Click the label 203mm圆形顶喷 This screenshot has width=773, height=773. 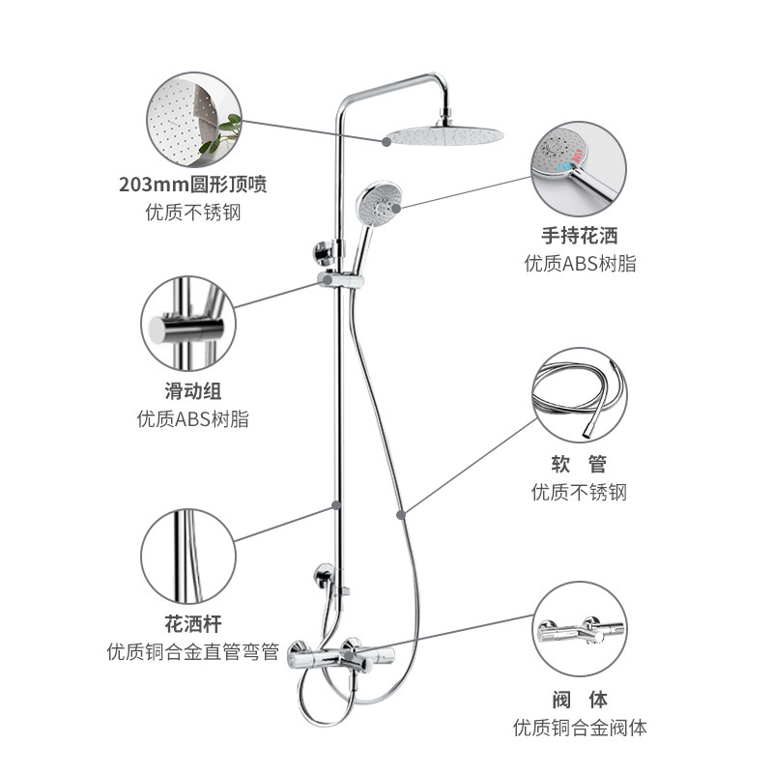[192, 184]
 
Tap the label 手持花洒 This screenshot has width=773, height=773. [579, 234]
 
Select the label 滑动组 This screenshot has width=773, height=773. [192, 391]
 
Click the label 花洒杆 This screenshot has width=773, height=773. [192, 623]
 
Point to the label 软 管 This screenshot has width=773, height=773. [579, 464]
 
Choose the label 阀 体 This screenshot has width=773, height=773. [579, 699]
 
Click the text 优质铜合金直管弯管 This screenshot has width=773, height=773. [192, 652]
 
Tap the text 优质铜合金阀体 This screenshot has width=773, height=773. [579, 728]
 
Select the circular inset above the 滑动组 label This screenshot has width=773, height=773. [187, 326]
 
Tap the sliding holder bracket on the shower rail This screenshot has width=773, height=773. [339, 280]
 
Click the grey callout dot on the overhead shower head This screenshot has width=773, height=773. [386, 141]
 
